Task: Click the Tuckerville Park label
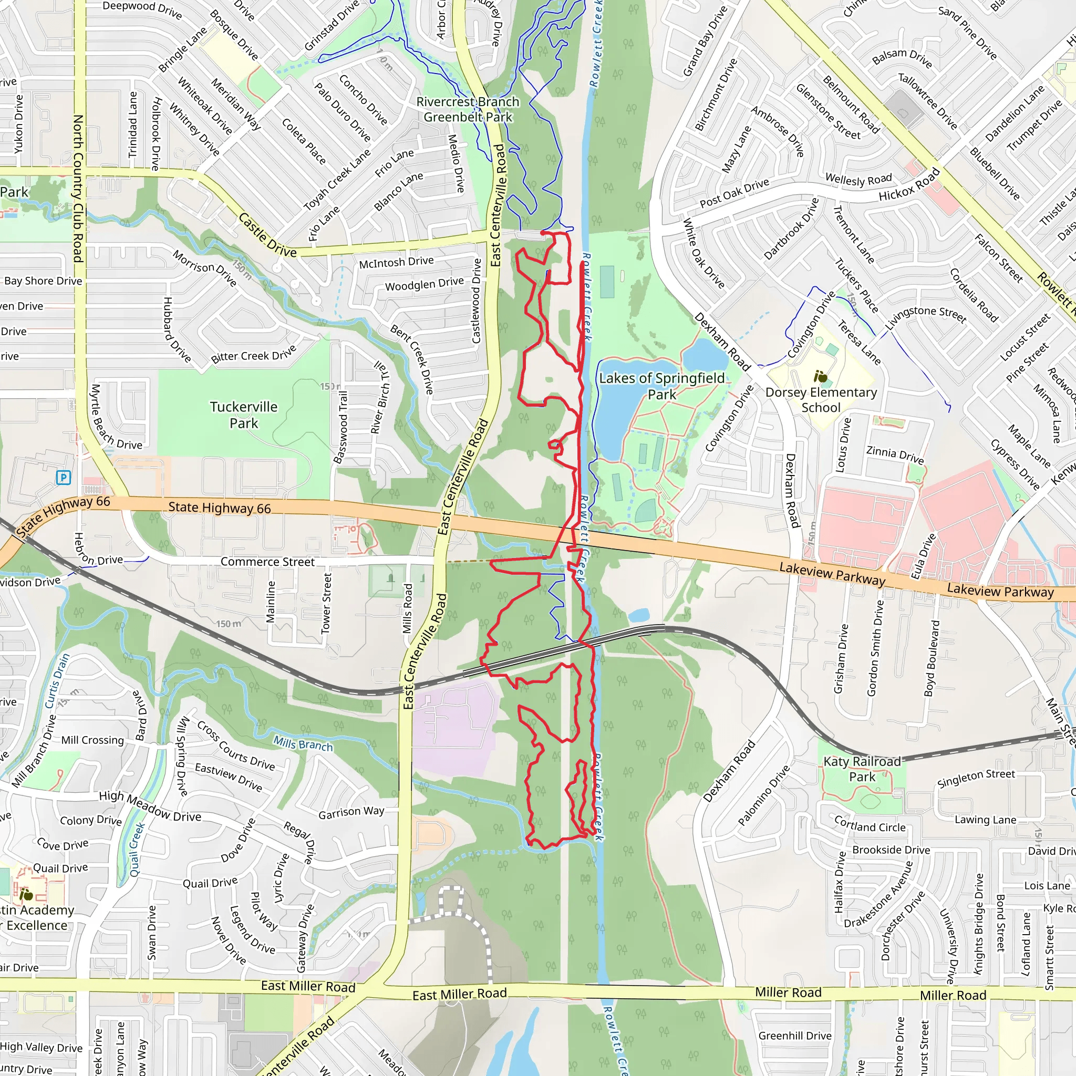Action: (x=243, y=415)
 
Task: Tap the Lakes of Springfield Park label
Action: (x=661, y=386)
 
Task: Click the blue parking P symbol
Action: (x=64, y=477)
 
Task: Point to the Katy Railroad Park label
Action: (x=862, y=769)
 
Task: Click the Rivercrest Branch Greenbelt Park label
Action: (x=468, y=109)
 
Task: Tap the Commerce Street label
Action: (x=267, y=562)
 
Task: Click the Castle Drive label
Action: (x=267, y=234)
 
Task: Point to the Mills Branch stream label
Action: (x=303, y=743)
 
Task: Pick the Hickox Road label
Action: (x=909, y=185)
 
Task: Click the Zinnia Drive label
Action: (x=894, y=454)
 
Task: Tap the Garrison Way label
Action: (x=351, y=813)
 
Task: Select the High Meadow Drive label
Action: (x=150, y=806)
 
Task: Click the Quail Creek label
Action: (x=137, y=850)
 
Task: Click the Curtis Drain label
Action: (x=57, y=681)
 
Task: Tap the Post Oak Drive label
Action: (x=734, y=193)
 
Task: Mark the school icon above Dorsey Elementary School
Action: (x=820, y=377)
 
